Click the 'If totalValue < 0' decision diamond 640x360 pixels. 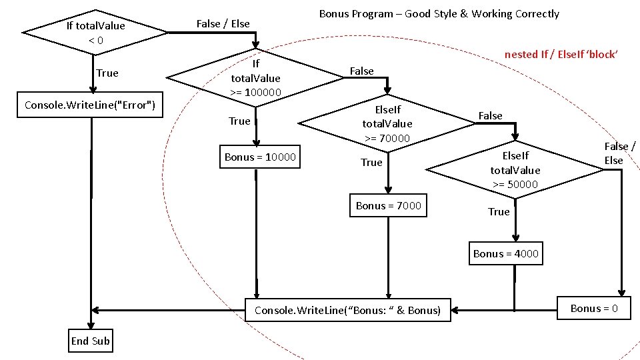95,33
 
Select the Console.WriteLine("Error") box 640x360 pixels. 90,105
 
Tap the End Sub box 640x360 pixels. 91,341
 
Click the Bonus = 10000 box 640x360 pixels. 260,157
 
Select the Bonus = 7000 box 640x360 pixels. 389,205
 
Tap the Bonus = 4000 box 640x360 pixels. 505,253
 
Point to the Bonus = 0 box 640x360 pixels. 594,309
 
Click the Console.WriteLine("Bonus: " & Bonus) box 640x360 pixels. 348,310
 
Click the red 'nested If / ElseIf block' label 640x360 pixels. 561,55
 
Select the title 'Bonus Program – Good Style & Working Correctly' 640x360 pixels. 439,14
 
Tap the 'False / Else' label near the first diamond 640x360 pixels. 223,24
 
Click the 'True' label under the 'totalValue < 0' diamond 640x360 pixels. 107,73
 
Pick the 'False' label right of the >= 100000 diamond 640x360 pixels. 362,71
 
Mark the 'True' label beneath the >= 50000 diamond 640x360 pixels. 499,211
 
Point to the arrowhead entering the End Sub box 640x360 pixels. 91,325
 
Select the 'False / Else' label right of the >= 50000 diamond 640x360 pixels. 619,153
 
